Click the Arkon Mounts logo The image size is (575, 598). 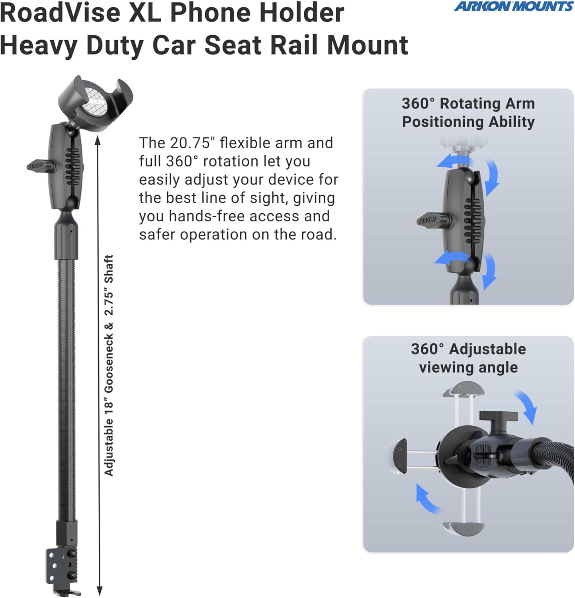[513, 6]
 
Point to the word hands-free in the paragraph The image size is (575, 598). [207, 216]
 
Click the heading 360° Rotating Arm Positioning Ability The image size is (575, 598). [468, 112]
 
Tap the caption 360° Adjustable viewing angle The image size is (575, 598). [468, 358]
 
